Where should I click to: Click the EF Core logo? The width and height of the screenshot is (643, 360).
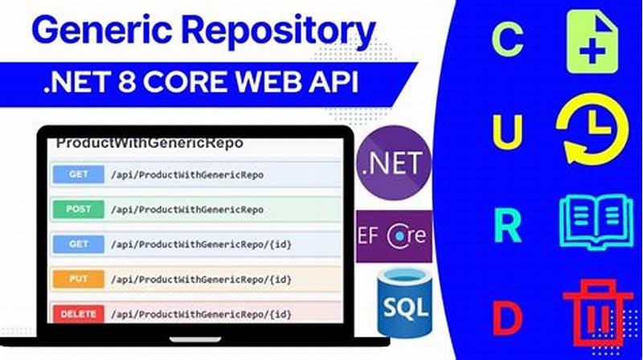pyautogui.click(x=394, y=236)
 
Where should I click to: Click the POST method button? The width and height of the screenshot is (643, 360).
pyautogui.click(x=78, y=209)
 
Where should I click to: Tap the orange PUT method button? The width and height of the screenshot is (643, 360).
pyautogui.click(x=78, y=278)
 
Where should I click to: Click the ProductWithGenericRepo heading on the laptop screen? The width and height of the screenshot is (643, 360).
pyautogui.click(x=149, y=144)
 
